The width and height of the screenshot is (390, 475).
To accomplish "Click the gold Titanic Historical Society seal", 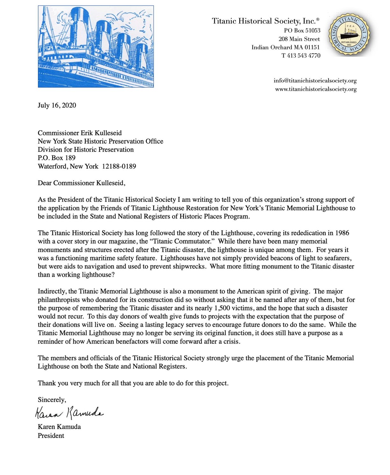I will pyautogui.click(x=350, y=35).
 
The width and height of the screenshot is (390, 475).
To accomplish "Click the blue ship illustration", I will pyautogui.click(x=96, y=47).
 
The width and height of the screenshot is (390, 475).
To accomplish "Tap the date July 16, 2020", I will pyautogui.click(x=57, y=106).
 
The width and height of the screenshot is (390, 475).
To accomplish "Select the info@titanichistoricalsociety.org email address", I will pyautogui.click(x=315, y=81).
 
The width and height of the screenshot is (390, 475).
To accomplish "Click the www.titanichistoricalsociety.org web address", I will pyautogui.click(x=316, y=89).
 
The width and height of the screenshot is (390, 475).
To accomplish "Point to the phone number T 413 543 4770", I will pyautogui.click(x=301, y=55).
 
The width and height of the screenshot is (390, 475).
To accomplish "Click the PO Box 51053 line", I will pyautogui.click(x=302, y=31).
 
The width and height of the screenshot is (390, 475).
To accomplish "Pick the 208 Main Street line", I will pyautogui.click(x=299, y=39).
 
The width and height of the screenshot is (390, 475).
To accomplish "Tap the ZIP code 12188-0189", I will pyautogui.click(x=119, y=166).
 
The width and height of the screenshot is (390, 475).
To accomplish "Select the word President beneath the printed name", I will pyautogui.click(x=51, y=436).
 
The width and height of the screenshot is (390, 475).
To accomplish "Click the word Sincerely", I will pyautogui.click(x=52, y=400).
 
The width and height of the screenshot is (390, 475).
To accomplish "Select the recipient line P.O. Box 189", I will pyautogui.click(x=57, y=158).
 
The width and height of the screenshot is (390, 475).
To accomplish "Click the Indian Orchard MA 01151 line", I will pyautogui.click(x=285, y=47).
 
